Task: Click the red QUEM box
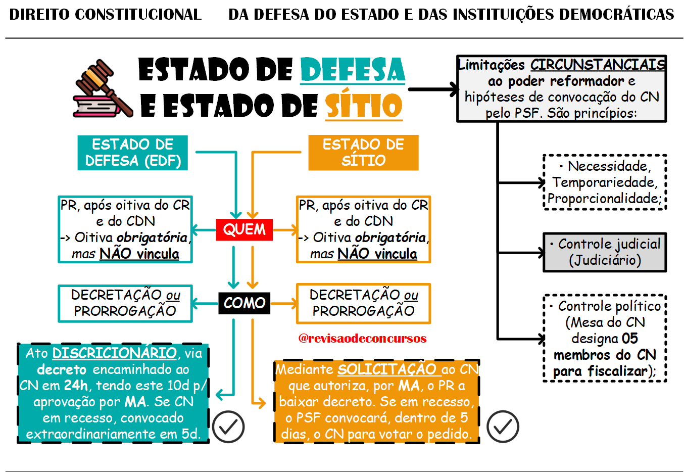click(x=244, y=229)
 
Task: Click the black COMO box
click(x=244, y=303)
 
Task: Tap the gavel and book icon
click(x=103, y=89)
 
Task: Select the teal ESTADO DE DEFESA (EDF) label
click(x=133, y=153)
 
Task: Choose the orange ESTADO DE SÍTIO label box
click(x=363, y=153)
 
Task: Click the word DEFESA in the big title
click(x=353, y=70)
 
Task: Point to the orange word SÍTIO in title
click(x=363, y=106)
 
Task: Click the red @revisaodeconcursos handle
click(x=362, y=338)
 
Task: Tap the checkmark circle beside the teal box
click(x=228, y=427)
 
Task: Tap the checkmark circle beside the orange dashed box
click(x=503, y=427)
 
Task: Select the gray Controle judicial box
click(x=605, y=252)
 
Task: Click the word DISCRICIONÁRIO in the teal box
click(x=114, y=353)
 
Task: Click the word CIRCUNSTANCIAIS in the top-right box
click(x=598, y=65)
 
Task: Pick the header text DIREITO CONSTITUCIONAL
click(x=105, y=14)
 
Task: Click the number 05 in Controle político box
click(x=629, y=338)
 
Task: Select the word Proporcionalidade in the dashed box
click(x=604, y=199)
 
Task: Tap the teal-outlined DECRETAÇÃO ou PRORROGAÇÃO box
click(x=125, y=303)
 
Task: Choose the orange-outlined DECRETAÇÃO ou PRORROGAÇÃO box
click(x=363, y=303)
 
